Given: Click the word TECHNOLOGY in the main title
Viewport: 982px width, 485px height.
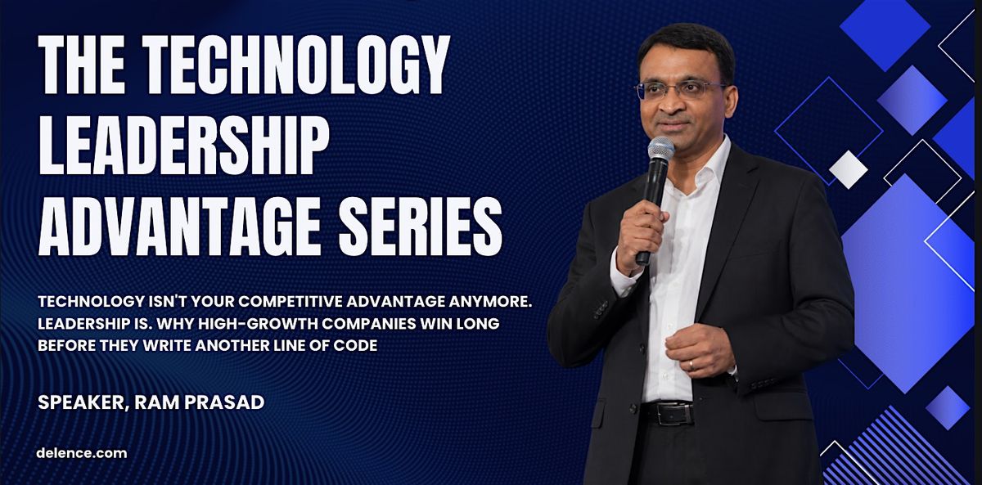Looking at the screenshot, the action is tap(296, 65).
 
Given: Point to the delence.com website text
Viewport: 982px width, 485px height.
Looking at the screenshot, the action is tap(82, 453).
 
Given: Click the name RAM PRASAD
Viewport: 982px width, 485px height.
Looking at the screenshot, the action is tap(200, 402).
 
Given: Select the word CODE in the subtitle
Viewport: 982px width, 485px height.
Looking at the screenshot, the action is tap(355, 345).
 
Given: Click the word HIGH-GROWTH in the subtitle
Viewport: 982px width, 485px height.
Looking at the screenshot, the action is tap(259, 323).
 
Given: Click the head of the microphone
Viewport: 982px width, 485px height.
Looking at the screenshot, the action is tap(660, 149).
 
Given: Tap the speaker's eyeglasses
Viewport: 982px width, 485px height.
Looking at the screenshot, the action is tap(679, 90).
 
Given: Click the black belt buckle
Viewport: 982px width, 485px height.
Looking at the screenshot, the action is tap(671, 414).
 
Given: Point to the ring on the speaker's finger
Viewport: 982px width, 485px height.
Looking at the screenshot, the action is tap(691, 365).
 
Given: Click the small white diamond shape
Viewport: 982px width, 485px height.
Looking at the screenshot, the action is tap(849, 169).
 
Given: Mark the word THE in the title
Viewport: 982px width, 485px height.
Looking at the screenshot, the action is tap(82, 65).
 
